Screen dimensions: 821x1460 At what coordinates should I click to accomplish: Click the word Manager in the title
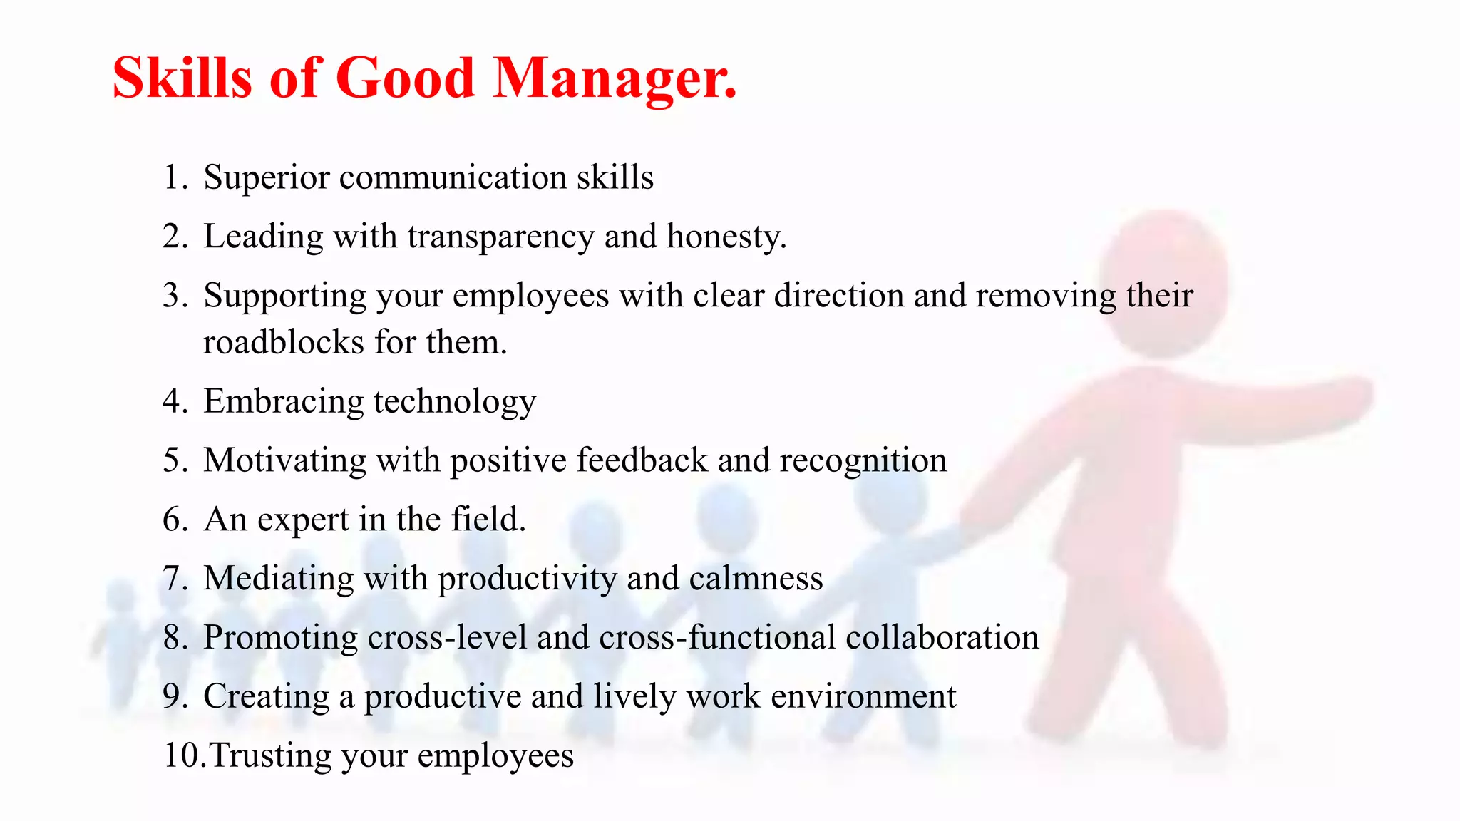tap(615, 78)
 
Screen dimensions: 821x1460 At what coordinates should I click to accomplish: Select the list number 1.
tap(173, 177)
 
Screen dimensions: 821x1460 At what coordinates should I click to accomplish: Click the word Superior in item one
tap(266, 177)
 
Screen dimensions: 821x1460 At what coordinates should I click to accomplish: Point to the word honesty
tap(726, 237)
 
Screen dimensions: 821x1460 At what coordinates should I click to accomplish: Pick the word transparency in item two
tap(500, 237)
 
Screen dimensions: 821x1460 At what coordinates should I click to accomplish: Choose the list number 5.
tap(173, 460)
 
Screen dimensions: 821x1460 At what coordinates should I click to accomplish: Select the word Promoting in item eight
tap(280, 637)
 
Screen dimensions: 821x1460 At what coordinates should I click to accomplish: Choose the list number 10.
tap(181, 755)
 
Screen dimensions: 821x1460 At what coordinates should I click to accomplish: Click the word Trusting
tap(270, 755)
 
